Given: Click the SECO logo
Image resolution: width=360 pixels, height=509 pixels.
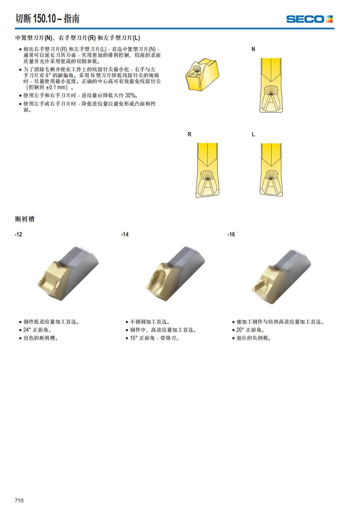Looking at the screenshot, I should coord(309,19).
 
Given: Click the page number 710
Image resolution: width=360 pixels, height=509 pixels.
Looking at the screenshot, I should coord(19,500).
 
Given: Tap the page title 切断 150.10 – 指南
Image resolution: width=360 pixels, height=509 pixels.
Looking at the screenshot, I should coord(47,19).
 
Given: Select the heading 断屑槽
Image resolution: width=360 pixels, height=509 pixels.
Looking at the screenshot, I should coord(25,219).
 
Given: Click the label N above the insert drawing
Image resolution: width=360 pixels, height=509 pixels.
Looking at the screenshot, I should coord(253,49).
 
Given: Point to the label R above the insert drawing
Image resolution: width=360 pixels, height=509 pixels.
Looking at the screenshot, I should coord(189,134).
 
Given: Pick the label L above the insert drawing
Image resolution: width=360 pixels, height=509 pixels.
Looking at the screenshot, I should coord(253,134).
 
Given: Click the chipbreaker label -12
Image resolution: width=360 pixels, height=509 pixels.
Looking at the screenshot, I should coord(18,234).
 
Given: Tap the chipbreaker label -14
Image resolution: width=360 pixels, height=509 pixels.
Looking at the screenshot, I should coord(125,234).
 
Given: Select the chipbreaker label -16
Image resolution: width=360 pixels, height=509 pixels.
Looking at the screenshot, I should coord(231,234).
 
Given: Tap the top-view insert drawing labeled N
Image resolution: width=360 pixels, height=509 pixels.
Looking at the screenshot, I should coord(271,85).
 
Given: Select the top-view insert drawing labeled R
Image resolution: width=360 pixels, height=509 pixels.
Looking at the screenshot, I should coord(207,170).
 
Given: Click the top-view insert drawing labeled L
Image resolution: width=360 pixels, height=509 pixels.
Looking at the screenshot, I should coord(271,170).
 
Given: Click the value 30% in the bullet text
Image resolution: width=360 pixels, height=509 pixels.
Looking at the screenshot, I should coord(131,96).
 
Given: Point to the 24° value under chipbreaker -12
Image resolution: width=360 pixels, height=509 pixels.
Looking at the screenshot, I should coord(27,330).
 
